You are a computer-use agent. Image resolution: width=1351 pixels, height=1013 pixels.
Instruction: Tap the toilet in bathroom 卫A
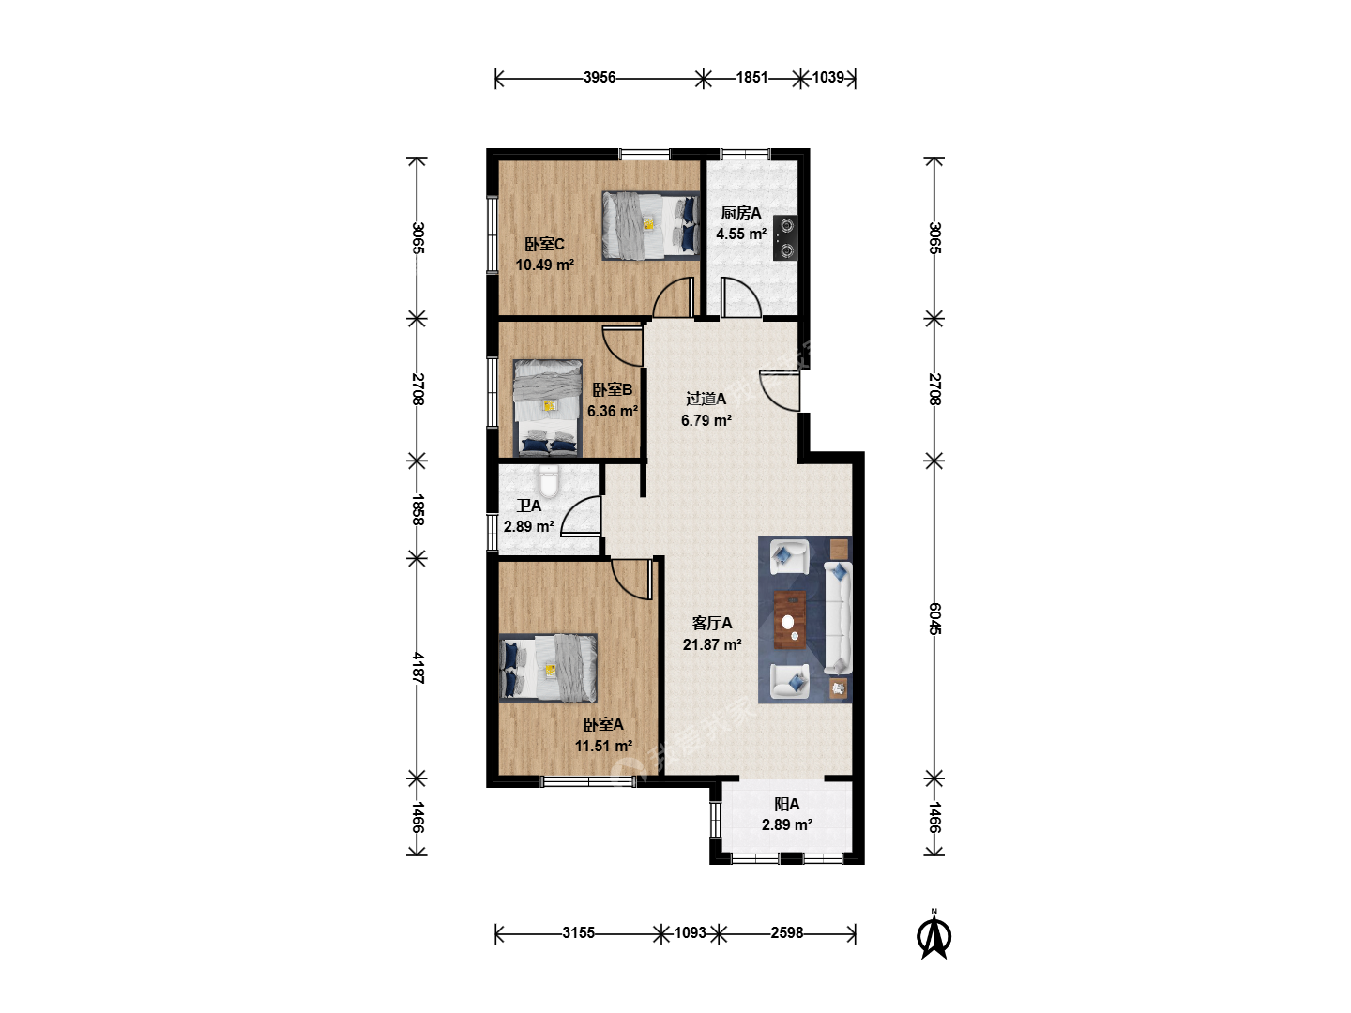pos(548,481)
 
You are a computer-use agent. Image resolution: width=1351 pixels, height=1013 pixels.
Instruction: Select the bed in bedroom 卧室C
pos(651,226)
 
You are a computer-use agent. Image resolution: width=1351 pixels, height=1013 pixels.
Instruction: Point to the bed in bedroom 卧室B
pos(548,408)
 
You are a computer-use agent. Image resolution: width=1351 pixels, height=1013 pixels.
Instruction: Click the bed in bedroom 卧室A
pos(548,668)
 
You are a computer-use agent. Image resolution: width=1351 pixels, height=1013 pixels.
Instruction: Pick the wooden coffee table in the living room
pos(790,619)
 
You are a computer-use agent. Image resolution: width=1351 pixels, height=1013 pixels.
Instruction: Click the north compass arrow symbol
pos(934,937)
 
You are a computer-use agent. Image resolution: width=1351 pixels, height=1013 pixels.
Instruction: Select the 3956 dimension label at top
pos(600,78)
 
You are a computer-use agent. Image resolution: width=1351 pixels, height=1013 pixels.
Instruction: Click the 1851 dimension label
pos(752,78)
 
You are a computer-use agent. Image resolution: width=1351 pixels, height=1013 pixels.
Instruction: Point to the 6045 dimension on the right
pos(934,618)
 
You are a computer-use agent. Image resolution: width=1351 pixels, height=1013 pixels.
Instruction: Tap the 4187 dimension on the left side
pos(417,668)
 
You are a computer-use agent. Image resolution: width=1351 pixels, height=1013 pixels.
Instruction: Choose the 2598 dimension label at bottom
pos(787,933)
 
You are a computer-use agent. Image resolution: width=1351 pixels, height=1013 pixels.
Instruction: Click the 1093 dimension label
pos(690,933)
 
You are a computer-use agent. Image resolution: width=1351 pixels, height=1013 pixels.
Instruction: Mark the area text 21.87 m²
pos(712,644)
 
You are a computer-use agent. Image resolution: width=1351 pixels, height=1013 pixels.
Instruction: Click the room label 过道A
pos(706,399)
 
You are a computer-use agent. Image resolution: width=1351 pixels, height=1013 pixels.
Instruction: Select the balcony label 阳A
pos(786,804)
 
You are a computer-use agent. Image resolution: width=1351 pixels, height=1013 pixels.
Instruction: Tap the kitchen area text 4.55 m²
pos(741,234)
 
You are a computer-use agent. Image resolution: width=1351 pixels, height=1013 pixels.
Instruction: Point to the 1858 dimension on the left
pos(417,509)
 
